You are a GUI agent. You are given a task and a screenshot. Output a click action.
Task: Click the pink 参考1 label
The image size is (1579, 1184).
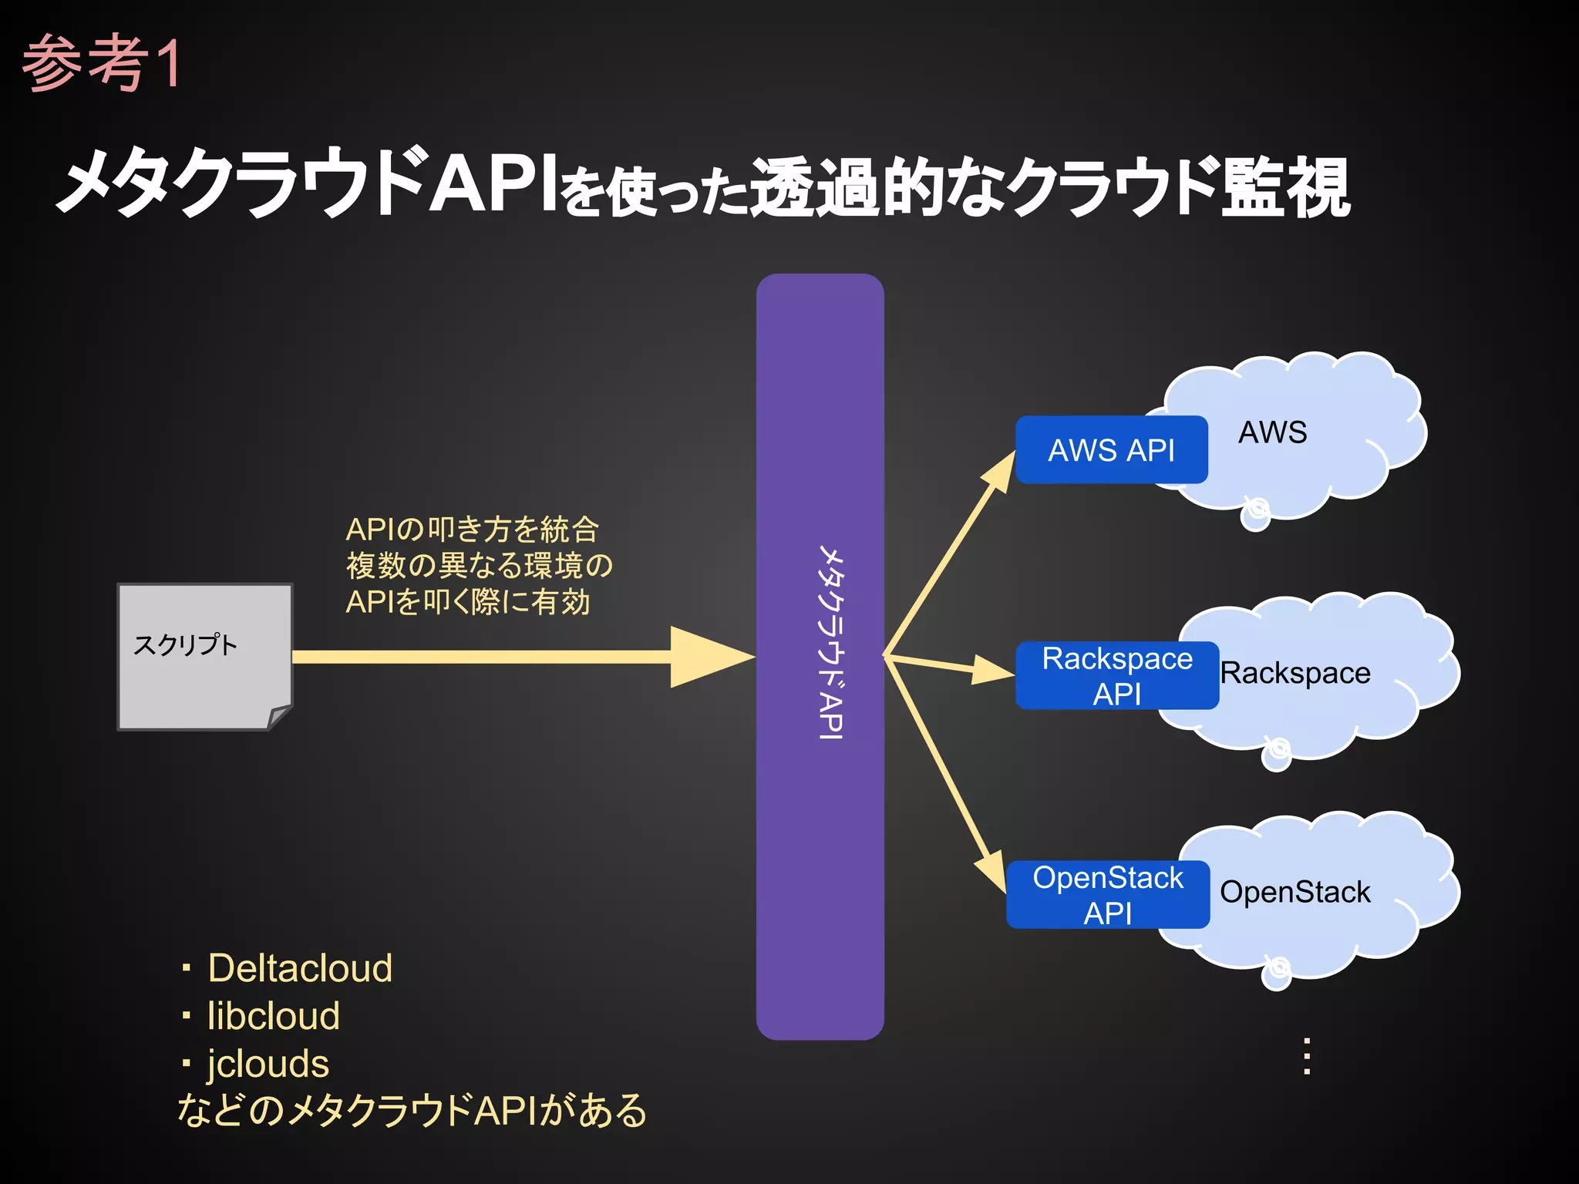102,63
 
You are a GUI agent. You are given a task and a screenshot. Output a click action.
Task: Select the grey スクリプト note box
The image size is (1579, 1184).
204,655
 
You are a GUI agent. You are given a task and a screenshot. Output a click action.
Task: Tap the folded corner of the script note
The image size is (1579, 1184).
279,717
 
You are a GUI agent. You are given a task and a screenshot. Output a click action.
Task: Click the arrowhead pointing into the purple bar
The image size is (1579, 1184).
709,657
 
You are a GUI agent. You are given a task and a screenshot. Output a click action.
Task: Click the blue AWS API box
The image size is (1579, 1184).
1111,450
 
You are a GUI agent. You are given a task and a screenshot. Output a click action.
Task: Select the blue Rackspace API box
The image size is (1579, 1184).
1116,676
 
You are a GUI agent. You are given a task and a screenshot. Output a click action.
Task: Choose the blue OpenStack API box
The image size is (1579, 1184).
1107,895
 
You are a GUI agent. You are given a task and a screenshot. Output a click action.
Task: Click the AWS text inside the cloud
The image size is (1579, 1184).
1272,432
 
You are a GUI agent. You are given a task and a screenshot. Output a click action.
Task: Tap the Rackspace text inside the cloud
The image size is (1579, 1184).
1295,673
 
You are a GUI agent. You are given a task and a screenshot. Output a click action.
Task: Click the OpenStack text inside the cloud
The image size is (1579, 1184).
1295,892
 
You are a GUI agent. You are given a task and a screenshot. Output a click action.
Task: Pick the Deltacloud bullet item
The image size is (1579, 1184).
299,968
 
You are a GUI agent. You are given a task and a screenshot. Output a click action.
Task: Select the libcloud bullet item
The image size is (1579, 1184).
273,1016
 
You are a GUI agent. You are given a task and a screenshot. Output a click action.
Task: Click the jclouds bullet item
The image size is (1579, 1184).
268,1064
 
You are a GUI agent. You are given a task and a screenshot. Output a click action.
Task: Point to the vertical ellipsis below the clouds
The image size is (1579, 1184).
1307,1056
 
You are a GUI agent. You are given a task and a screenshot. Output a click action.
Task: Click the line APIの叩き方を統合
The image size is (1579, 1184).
472,530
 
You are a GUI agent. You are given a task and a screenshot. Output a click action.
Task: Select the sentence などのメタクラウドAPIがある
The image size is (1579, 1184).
412,1111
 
